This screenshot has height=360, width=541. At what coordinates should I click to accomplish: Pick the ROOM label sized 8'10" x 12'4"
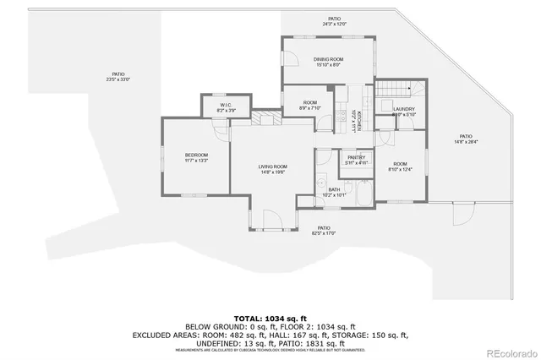click(x=400, y=166)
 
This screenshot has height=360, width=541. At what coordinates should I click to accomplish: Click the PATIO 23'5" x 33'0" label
click(x=117, y=77)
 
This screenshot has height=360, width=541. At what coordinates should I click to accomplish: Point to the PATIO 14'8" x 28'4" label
click(x=465, y=139)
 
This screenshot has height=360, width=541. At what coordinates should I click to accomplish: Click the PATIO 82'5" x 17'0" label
click(x=323, y=230)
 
